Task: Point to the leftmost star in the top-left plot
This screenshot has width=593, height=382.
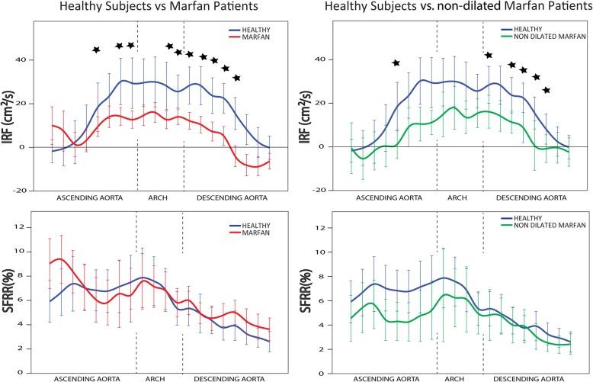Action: pyautogui.click(x=96, y=50)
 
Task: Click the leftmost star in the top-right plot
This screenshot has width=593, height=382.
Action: pyautogui.click(x=396, y=63)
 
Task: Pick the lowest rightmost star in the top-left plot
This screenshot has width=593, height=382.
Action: pyautogui.click(x=237, y=78)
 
